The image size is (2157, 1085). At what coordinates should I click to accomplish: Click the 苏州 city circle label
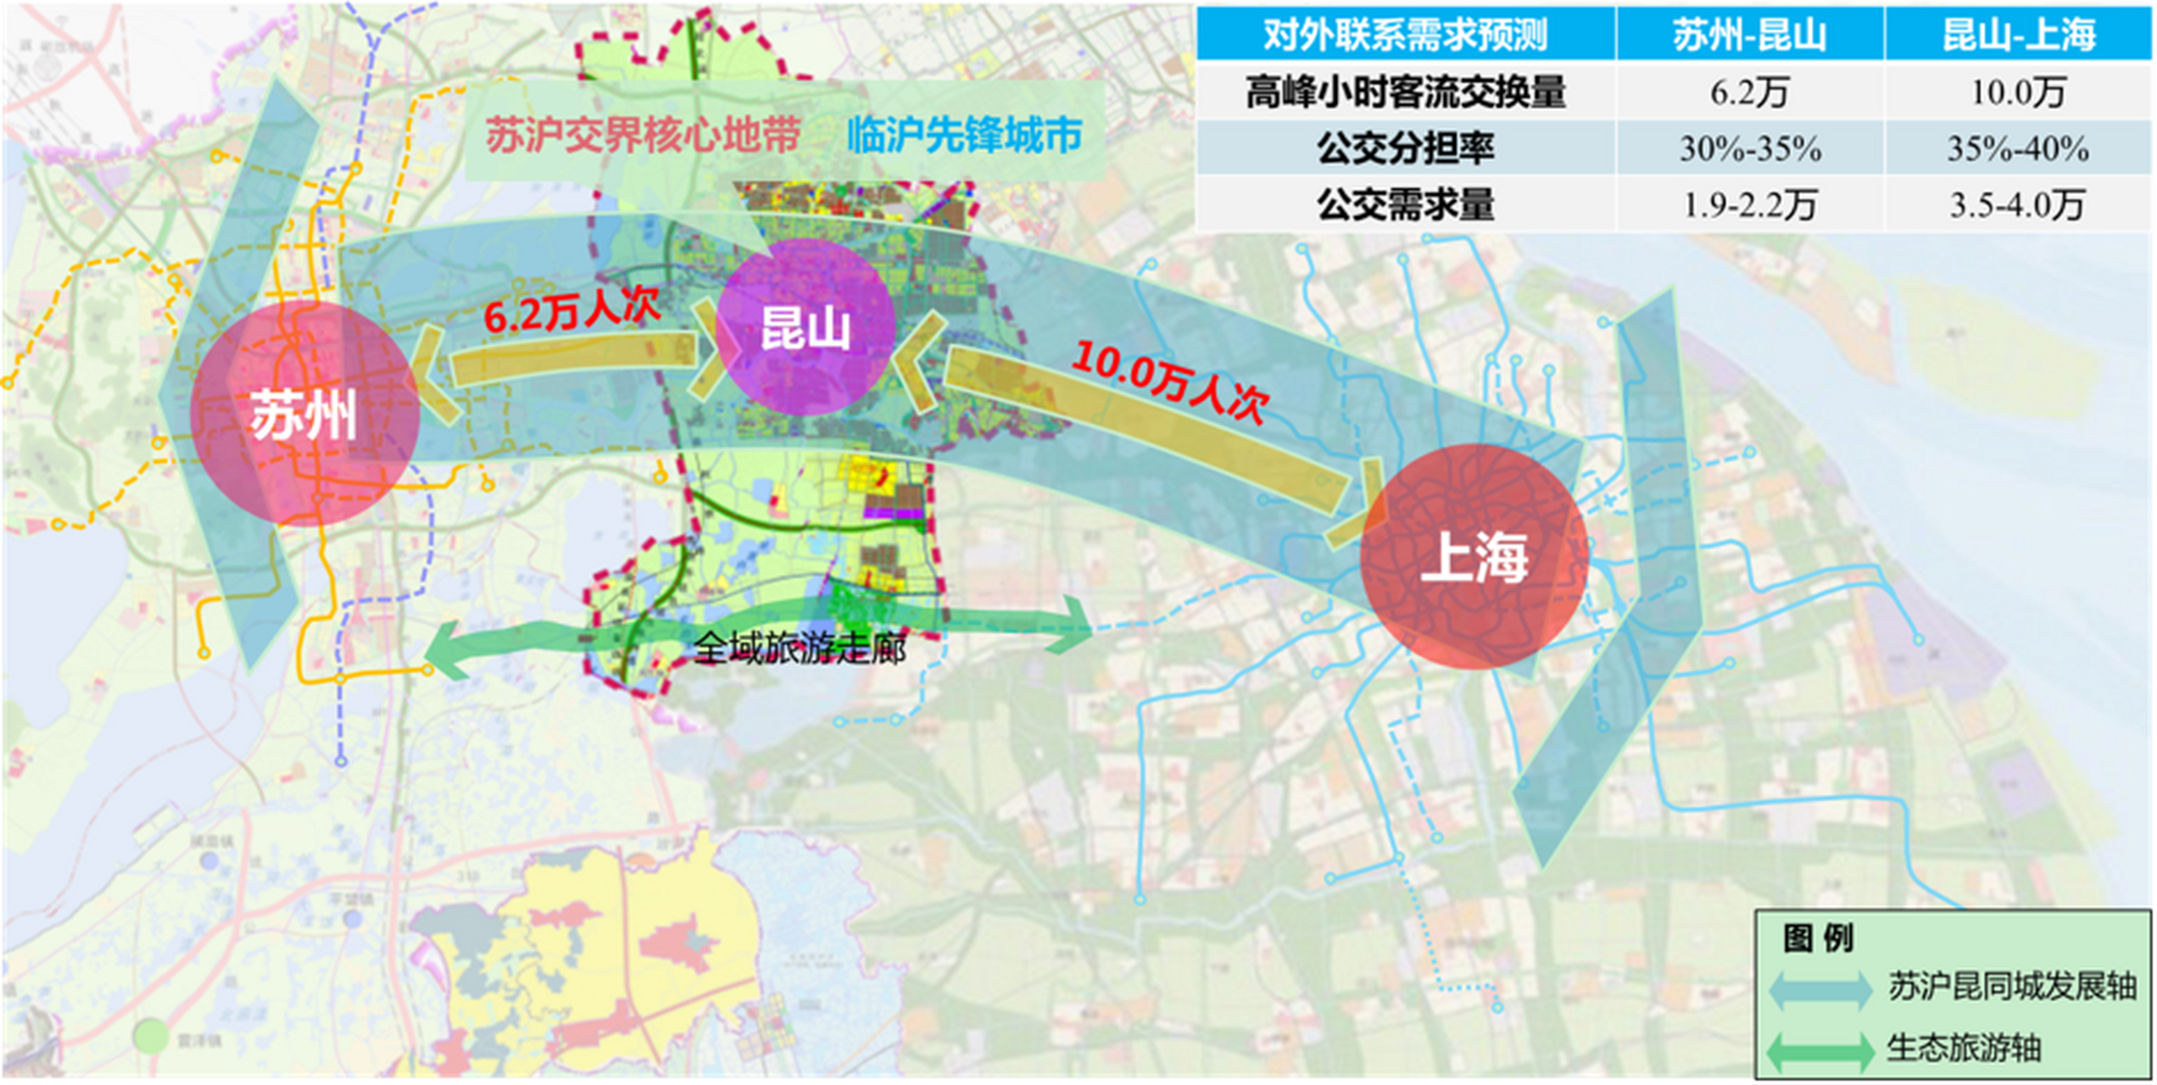coord(304,416)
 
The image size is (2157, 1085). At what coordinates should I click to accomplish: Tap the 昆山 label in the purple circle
coord(805,329)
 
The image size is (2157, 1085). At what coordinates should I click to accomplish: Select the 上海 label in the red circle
coord(1474,558)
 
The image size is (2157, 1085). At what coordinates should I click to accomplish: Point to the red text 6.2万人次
coord(571,309)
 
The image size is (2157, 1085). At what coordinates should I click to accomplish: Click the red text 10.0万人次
coord(1170,382)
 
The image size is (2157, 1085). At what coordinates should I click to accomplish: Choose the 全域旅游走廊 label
coord(800,648)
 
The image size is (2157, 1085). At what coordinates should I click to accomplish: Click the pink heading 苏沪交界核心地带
coord(644,135)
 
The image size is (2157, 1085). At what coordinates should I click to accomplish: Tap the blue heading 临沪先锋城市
coord(965,135)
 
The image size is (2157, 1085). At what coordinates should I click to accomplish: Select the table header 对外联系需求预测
coord(1405,35)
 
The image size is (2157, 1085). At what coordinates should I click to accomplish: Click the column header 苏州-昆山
coord(1749,35)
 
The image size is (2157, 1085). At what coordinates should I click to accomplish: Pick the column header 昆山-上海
coord(2019,35)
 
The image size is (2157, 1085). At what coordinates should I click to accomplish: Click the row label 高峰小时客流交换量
coord(1405,92)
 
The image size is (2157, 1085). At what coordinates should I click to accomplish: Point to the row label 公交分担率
coord(1405,148)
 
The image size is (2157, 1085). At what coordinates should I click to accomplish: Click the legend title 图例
coord(1818,938)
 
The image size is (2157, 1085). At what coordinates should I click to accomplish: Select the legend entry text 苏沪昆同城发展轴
coord(2011,987)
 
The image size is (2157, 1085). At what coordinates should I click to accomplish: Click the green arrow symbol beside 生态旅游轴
coord(1820,1051)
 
